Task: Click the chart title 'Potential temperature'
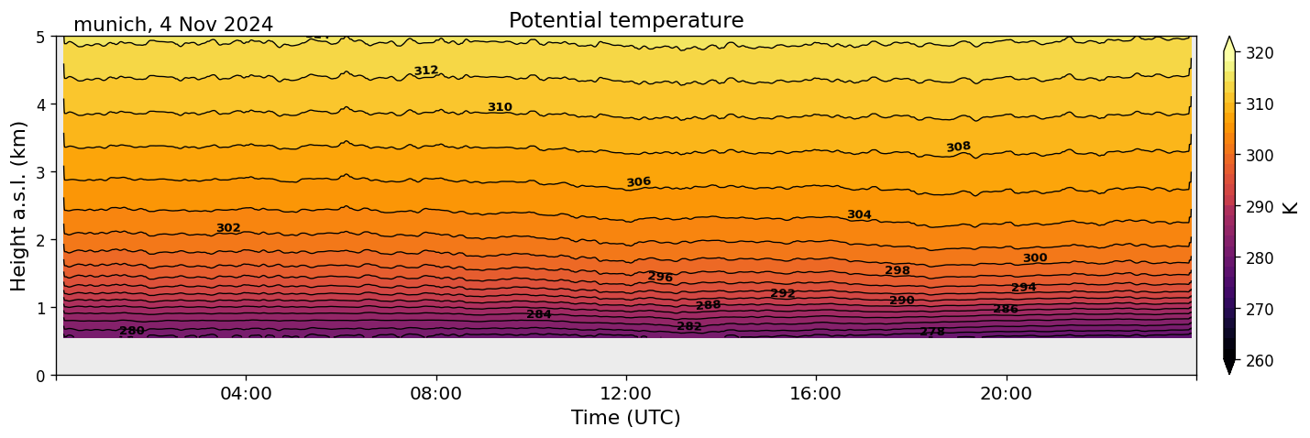(x=626, y=20)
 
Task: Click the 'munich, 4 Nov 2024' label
(x=173, y=25)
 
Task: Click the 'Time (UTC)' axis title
(x=626, y=418)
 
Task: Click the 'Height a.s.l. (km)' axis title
(x=19, y=205)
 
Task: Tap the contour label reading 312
(x=425, y=71)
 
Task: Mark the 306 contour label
(x=638, y=182)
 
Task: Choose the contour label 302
(x=228, y=228)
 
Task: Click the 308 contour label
(x=958, y=148)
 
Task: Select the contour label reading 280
(x=132, y=331)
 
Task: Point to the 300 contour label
(x=1035, y=258)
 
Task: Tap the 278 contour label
(x=932, y=332)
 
